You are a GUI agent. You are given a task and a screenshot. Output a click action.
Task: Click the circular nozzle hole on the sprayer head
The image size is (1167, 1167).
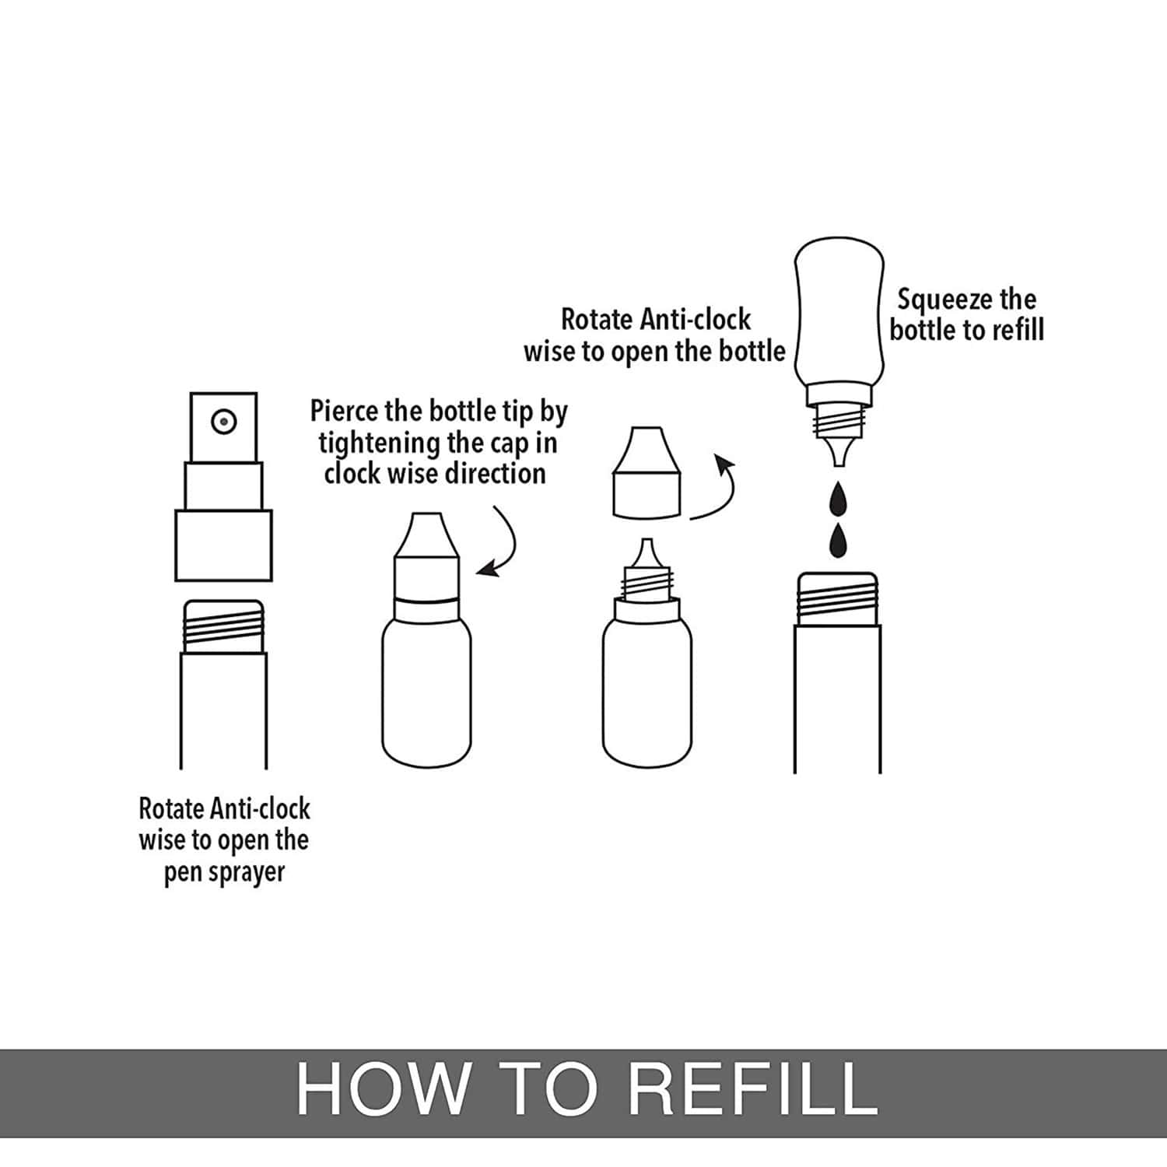[x=224, y=422]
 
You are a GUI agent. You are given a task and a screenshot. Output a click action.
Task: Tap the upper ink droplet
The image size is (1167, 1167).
[x=838, y=499]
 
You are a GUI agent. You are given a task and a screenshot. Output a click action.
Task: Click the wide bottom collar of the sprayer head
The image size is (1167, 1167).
[x=223, y=545]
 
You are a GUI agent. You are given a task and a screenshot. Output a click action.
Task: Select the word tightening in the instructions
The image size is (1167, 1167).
[x=379, y=443]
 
